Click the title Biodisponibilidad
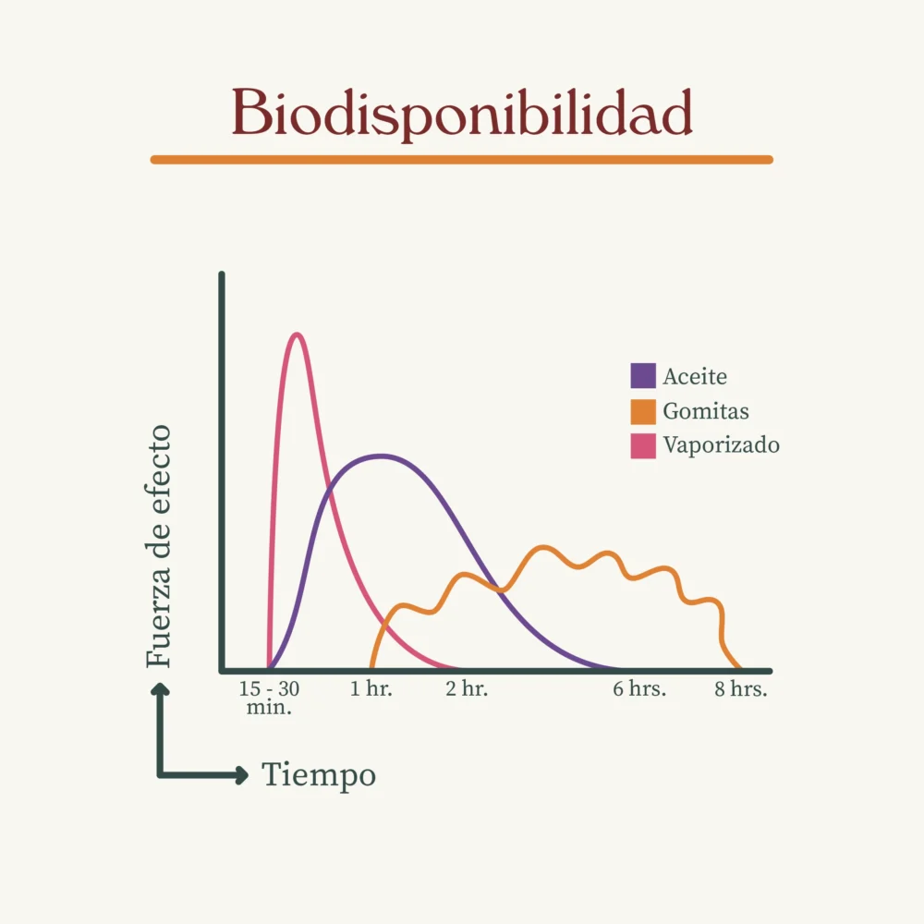(x=462, y=114)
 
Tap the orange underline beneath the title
(x=462, y=160)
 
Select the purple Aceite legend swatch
(x=643, y=376)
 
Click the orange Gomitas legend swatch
(x=643, y=411)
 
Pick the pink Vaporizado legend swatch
(x=643, y=445)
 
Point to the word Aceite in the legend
(x=695, y=377)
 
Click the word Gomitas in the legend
(x=706, y=411)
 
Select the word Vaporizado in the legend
(x=721, y=445)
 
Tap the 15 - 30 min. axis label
(x=269, y=699)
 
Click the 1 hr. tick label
(x=371, y=689)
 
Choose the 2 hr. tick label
(x=467, y=689)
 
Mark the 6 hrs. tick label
(x=639, y=689)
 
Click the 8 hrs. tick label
(x=741, y=689)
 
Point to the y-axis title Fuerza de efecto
(x=159, y=546)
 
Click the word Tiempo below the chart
(x=319, y=775)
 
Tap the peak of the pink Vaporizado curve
(x=297, y=334)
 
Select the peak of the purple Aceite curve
(x=380, y=456)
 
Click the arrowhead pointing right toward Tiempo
(x=242, y=775)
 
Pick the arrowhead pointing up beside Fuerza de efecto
(x=160, y=688)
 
